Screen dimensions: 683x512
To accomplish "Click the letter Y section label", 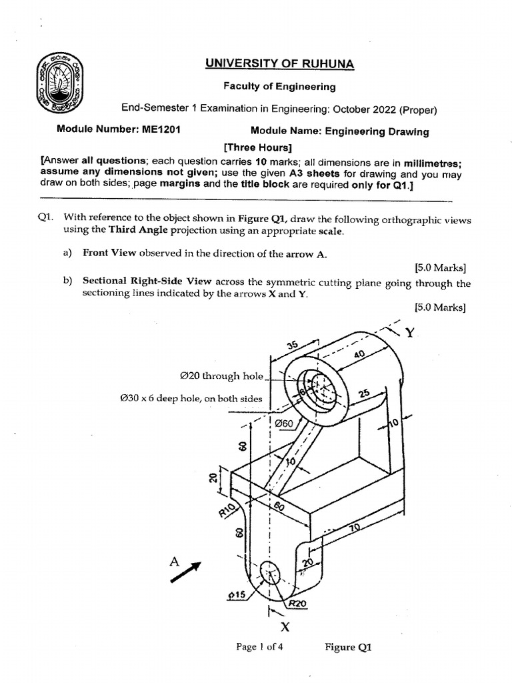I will (x=410, y=333).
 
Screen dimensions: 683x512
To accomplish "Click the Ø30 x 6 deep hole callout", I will (x=191, y=399).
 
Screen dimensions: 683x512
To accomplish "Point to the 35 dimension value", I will (x=291, y=345).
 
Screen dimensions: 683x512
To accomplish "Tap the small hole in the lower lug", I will (x=271, y=572).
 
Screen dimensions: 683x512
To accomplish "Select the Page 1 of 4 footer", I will (x=260, y=646).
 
